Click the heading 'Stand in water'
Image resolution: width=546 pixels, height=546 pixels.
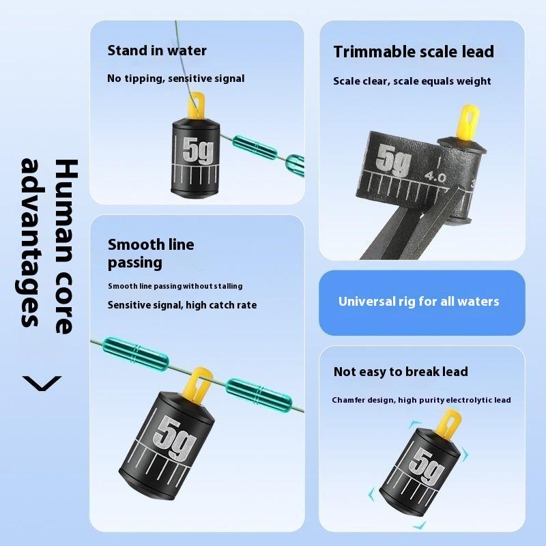pyautogui.click(x=157, y=51)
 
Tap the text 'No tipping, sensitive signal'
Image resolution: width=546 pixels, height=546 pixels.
pyautogui.click(x=176, y=78)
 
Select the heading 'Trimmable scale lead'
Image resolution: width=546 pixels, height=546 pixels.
pyautogui.click(x=414, y=52)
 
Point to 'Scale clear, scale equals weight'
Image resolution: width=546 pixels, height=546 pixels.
pyautogui.click(x=412, y=81)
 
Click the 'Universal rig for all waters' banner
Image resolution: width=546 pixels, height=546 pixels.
pyautogui.click(x=422, y=302)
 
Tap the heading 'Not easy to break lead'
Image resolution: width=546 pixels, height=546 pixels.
pyautogui.click(x=401, y=372)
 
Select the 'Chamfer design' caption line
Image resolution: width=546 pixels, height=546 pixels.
pyautogui.click(x=421, y=400)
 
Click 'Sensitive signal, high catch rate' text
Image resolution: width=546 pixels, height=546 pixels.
pyautogui.click(x=182, y=305)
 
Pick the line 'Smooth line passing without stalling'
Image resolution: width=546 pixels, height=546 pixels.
pyautogui.click(x=175, y=286)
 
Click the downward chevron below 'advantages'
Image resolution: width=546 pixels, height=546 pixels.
pyautogui.click(x=42, y=384)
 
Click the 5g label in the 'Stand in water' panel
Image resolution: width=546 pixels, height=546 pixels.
pyautogui.click(x=197, y=150)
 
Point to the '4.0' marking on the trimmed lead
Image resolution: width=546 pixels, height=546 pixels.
pyautogui.click(x=435, y=177)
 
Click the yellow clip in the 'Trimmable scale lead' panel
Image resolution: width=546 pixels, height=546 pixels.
pyautogui.click(x=468, y=122)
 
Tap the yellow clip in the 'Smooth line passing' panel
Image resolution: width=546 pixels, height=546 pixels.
pyautogui.click(x=201, y=382)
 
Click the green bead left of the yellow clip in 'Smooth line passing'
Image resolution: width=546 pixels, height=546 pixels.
pyautogui.click(x=136, y=354)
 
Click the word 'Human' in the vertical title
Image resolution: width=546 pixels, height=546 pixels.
pyautogui.click(x=66, y=213)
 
